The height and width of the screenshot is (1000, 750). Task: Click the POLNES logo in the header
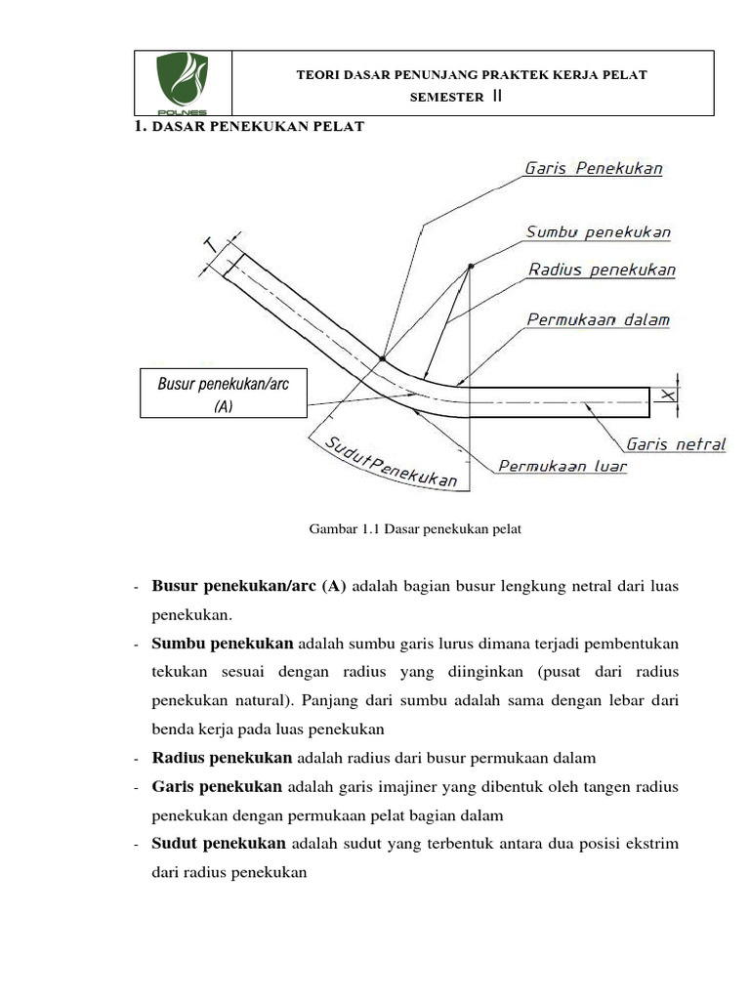[x=183, y=82]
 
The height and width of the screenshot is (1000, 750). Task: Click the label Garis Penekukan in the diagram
[x=594, y=168]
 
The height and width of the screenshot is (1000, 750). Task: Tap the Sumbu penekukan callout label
[x=598, y=232]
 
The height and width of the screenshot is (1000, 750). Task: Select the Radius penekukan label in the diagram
[x=602, y=270]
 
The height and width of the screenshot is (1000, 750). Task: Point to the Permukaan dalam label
[x=598, y=319]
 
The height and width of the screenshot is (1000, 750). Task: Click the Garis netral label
[x=676, y=444]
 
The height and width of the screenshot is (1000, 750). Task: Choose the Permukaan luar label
[x=562, y=467]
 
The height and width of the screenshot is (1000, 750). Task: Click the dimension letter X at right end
[x=668, y=395]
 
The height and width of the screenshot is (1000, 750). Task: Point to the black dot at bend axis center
[x=471, y=266]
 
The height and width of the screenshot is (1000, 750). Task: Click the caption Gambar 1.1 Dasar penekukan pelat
[x=416, y=529]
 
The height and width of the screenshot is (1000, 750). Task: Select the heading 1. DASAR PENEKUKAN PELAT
[x=248, y=127]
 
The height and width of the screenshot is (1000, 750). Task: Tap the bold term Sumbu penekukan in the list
[x=222, y=645]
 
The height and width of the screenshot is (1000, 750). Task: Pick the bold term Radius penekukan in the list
[x=222, y=758]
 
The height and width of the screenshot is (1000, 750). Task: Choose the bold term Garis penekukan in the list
[x=217, y=787]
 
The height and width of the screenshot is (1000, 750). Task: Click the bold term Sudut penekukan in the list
[x=219, y=844]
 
